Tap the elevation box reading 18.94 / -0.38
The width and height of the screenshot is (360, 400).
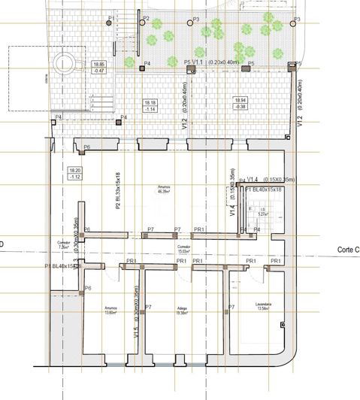[x=241, y=103]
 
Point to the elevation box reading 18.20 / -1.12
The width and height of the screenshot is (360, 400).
[x=74, y=173]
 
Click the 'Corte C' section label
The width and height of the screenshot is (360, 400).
[x=349, y=250]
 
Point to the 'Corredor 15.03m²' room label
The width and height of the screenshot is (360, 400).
[x=183, y=249]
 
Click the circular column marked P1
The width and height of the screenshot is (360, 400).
[x=110, y=23]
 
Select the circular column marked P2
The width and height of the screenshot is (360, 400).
[x=139, y=20]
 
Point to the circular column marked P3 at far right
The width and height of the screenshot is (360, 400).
[x=289, y=22]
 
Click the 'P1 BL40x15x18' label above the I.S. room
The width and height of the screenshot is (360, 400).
[x=263, y=191]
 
